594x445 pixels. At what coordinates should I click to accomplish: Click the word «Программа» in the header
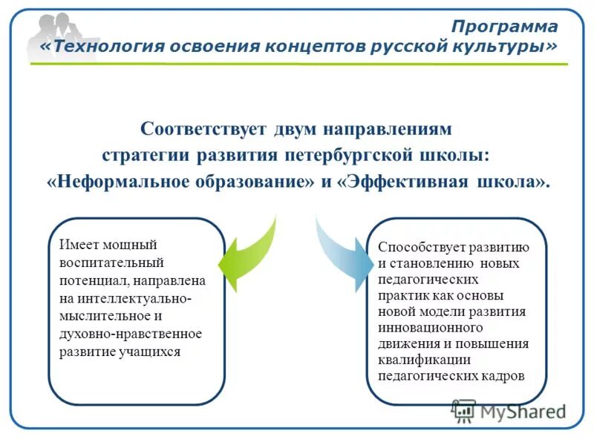(504, 27)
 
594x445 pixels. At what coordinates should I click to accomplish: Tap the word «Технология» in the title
(99, 47)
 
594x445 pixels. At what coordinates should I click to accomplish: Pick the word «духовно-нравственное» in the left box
(130, 334)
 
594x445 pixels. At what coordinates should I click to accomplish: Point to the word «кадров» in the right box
(505, 376)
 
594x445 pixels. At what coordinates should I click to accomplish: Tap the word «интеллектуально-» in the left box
(125, 299)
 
